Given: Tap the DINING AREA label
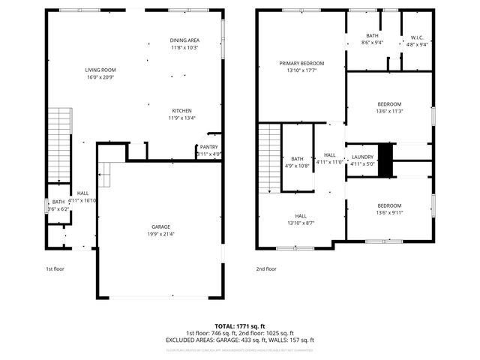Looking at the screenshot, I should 184,40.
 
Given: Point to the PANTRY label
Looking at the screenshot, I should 208,147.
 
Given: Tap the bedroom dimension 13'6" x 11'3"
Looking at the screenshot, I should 389,111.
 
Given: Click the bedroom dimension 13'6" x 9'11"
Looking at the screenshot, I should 389,213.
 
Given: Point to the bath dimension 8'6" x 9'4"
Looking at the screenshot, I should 373,43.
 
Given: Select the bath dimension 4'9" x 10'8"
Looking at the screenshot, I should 298,166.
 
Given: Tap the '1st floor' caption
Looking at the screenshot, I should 55,268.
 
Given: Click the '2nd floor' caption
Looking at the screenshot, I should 266,268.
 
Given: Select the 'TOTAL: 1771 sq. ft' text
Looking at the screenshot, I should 240,326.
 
